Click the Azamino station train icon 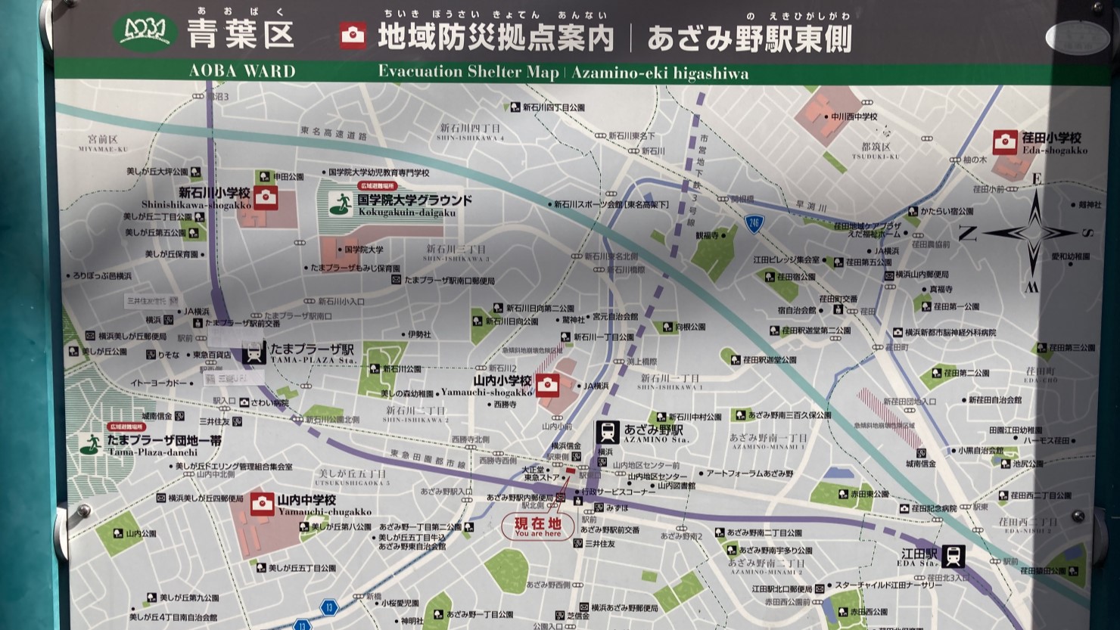607,432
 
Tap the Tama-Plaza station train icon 254,353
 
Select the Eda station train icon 954,556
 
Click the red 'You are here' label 538,526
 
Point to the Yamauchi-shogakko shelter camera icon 547,385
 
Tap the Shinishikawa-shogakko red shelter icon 265,198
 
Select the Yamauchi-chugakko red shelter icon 262,504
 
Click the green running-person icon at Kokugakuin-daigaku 341,203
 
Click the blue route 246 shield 754,223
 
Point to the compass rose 1033,232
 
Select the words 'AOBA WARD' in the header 242,72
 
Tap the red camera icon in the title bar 353,36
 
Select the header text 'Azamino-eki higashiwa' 660,73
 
